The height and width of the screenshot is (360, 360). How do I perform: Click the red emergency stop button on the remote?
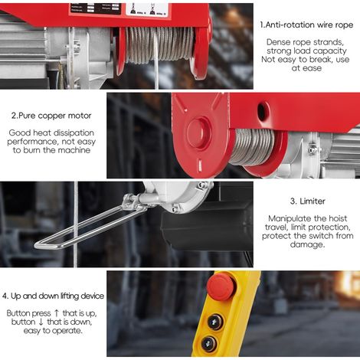point(221,286)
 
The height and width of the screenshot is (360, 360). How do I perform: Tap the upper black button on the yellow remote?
point(215,322)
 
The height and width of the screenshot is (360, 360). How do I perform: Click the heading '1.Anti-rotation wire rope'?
point(306,25)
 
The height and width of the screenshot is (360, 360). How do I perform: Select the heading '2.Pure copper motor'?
point(51,116)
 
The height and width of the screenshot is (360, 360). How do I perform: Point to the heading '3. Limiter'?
point(307,201)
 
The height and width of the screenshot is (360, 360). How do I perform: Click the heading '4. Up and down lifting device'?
point(53,296)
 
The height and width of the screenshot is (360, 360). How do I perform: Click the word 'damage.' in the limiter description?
point(307,244)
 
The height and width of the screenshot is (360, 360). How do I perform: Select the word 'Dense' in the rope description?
point(278,42)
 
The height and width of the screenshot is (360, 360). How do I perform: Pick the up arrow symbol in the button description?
point(57,313)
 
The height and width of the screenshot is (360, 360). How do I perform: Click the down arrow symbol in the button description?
point(41,322)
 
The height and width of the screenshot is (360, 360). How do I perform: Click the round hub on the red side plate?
point(199,133)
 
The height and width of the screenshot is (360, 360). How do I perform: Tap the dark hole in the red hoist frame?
point(262,111)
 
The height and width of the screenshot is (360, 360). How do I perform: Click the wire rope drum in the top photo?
point(160,44)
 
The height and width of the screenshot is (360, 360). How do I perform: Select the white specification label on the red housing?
point(147,9)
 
